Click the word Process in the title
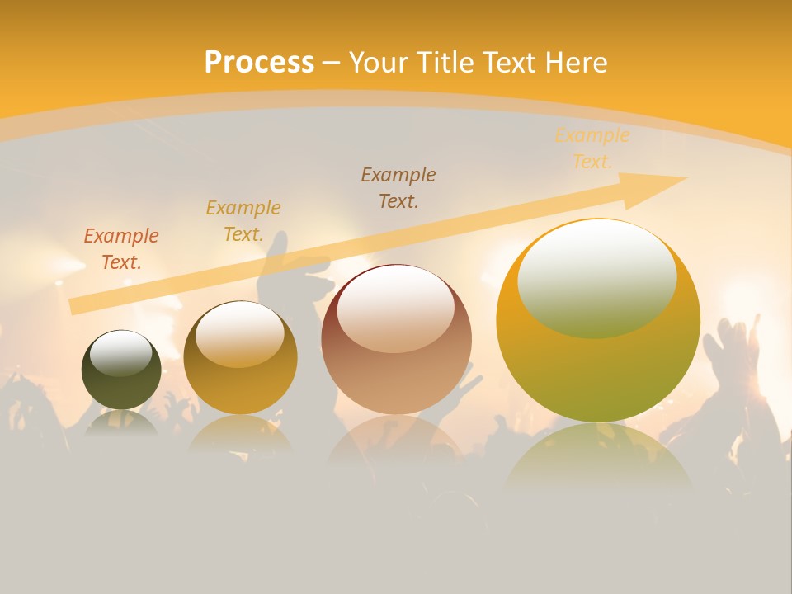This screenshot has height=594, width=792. tap(259, 63)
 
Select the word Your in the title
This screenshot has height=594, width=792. tap(379, 63)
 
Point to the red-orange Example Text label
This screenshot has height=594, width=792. tap(121, 249)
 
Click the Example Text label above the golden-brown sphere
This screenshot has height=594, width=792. tap(243, 221)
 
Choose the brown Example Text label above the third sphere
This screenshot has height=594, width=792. tap(398, 187)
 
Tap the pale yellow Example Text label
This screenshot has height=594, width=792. tap(592, 148)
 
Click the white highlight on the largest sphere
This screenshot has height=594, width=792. tap(596, 278)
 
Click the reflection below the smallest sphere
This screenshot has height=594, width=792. tap(121, 422)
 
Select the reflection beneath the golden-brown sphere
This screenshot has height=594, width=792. tap(240, 434)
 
